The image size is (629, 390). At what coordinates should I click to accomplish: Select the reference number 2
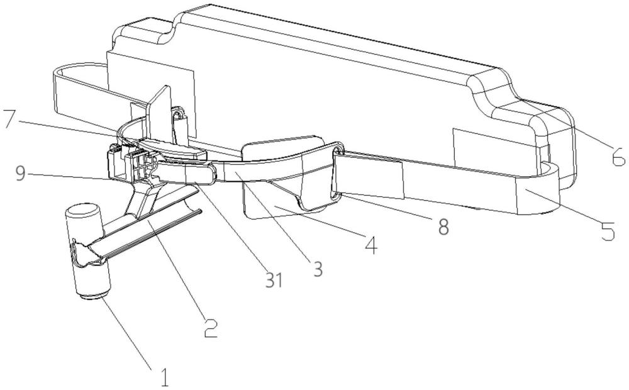[211, 328]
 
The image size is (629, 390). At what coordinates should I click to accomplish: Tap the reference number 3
[317, 269]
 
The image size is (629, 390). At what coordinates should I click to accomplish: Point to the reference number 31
[274, 281]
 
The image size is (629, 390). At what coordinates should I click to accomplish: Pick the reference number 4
[372, 245]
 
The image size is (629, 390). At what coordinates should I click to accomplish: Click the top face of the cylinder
[82, 211]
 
